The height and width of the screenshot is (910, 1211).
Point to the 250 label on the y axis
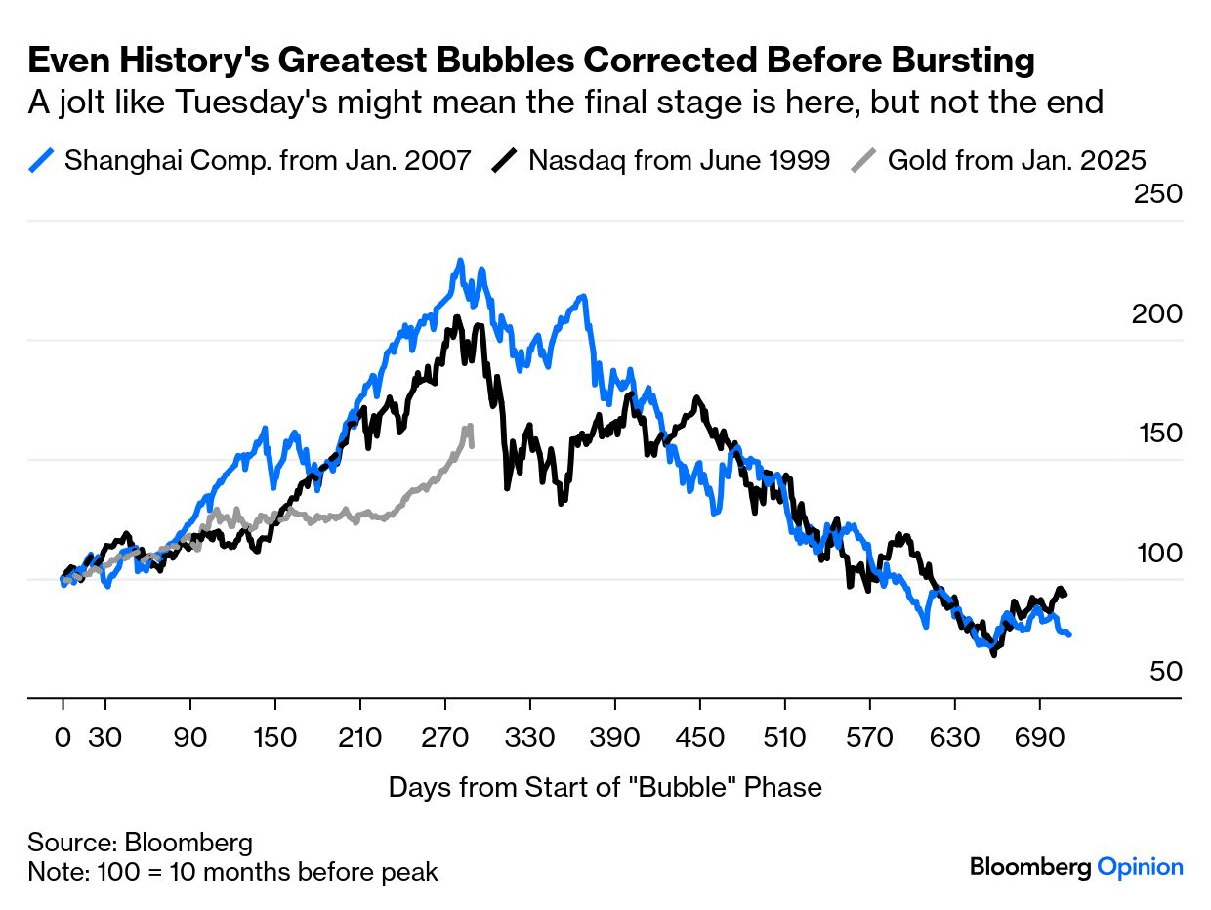click(x=1157, y=194)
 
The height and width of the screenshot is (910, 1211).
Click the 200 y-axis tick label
click(x=1157, y=314)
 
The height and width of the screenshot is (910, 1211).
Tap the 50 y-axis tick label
click(x=1166, y=672)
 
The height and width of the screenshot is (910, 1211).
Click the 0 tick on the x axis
click(x=63, y=738)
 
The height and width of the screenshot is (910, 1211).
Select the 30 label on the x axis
click(x=104, y=738)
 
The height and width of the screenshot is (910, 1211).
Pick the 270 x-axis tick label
click(x=445, y=738)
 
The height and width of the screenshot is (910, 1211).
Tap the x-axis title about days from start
click(x=605, y=787)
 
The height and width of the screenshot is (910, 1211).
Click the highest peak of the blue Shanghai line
click(x=459, y=261)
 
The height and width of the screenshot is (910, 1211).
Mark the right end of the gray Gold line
click(x=472, y=445)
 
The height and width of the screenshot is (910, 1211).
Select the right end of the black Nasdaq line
click(x=1065, y=595)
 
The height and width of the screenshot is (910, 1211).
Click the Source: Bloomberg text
click(x=140, y=842)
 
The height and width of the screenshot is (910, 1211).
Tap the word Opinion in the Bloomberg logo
click(x=1140, y=866)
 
